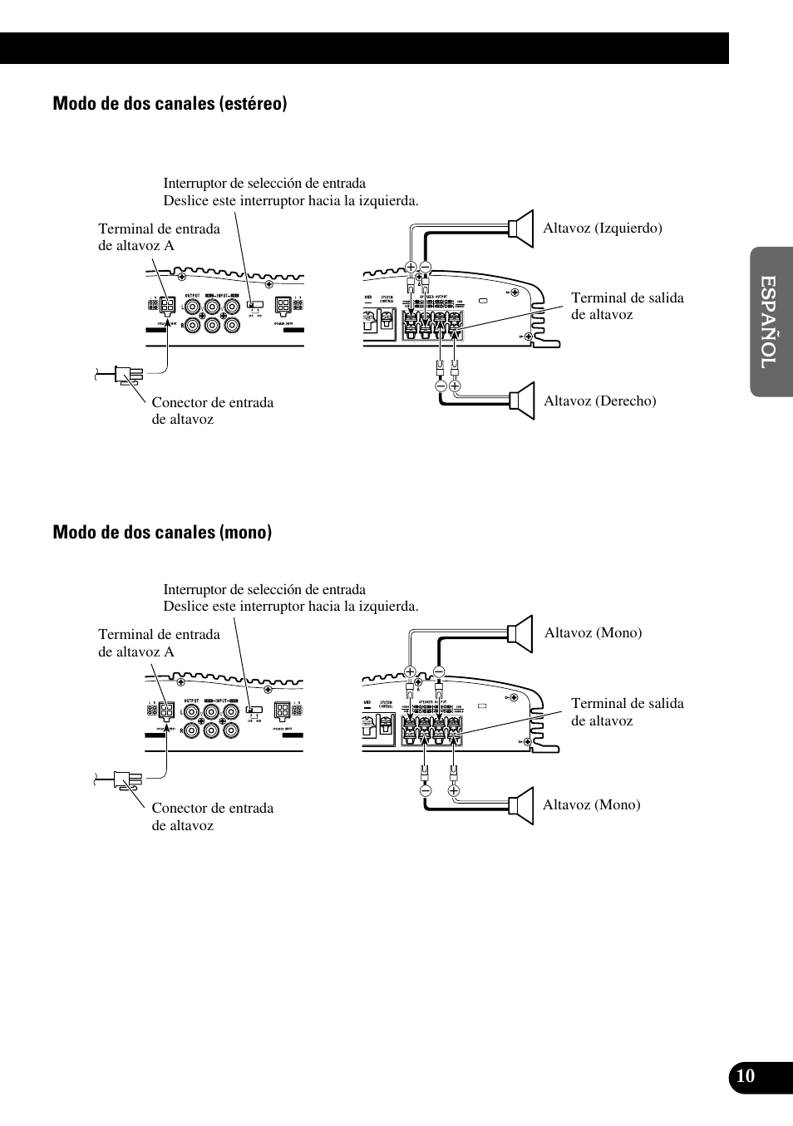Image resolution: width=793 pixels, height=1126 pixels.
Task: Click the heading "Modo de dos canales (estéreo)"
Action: [x=170, y=103]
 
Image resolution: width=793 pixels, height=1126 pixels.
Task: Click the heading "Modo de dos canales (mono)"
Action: [x=162, y=532]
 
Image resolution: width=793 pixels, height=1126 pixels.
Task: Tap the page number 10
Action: [x=746, y=1077]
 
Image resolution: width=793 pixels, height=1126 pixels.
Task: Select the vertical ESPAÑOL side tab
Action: [x=770, y=322]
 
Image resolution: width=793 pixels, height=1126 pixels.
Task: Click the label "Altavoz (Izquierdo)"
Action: [x=602, y=228]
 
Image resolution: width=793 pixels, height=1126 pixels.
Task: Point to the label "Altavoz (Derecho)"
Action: [x=599, y=401]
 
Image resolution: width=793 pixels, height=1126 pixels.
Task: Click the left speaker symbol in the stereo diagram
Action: [x=521, y=229]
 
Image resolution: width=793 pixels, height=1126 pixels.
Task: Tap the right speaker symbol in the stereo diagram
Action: [x=522, y=400]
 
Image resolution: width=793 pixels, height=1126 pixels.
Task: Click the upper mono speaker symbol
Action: [x=521, y=633]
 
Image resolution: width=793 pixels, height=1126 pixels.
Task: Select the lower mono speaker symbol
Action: [x=521, y=805]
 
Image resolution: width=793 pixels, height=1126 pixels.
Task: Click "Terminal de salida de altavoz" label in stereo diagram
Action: [x=627, y=306]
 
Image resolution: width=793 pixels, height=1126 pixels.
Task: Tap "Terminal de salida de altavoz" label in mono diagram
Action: [x=627, y=711]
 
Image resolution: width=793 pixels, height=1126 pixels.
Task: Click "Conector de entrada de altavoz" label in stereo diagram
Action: [x=212, y=411]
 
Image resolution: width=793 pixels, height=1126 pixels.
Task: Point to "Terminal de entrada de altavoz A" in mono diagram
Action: [x=159, y=642]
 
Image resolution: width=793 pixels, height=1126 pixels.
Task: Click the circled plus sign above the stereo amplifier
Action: [x=411, y=267]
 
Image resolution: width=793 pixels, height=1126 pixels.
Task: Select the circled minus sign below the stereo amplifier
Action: [x=441, y=386]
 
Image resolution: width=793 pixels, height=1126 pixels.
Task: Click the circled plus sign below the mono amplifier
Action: [x=454, y=790]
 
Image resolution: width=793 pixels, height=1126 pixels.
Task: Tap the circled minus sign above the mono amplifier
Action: [x=439, y=671]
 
